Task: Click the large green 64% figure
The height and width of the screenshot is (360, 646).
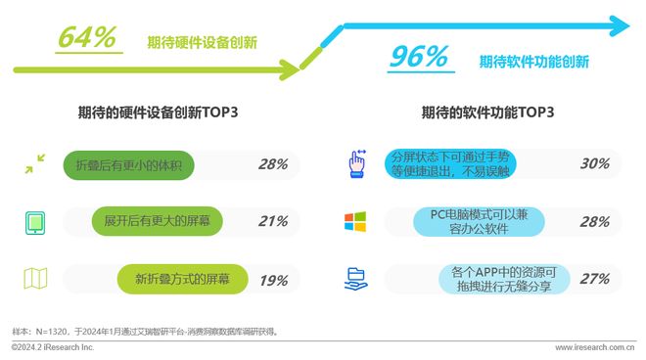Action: pos(87,37)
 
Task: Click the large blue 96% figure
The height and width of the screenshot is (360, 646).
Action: pos(419,57)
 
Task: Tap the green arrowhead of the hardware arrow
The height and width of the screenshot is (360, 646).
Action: pos(290,69)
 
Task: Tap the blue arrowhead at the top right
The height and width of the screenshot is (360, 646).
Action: pos(620,26)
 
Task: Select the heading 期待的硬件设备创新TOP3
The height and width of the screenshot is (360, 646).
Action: pos(159,112)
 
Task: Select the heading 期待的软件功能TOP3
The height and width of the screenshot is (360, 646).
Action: pos(487,112)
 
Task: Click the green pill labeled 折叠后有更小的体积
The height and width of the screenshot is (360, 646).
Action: pos(128,165)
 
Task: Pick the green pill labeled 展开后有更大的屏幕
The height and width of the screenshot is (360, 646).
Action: pos(157,221)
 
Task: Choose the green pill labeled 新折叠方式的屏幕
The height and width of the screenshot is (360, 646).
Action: pos(182,279)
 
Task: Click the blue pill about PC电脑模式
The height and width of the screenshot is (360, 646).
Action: pos(479,222)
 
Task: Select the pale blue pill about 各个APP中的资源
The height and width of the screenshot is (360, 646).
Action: pos(504,279)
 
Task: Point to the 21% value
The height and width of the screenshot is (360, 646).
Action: pos(273,221)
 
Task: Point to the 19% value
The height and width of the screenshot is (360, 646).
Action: pos(273,281)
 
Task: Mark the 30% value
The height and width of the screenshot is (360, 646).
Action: pos(594,163)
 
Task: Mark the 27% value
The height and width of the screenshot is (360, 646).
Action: pos(594,279)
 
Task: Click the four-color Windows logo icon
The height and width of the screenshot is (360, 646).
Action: pos(355,222)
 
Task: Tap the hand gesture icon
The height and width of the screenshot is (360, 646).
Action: pos(357,163)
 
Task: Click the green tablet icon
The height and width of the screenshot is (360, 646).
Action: pos(35,223)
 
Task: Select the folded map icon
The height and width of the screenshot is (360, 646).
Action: pos(35,279)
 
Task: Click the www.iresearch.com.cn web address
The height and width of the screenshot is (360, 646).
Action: pos(595,347)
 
